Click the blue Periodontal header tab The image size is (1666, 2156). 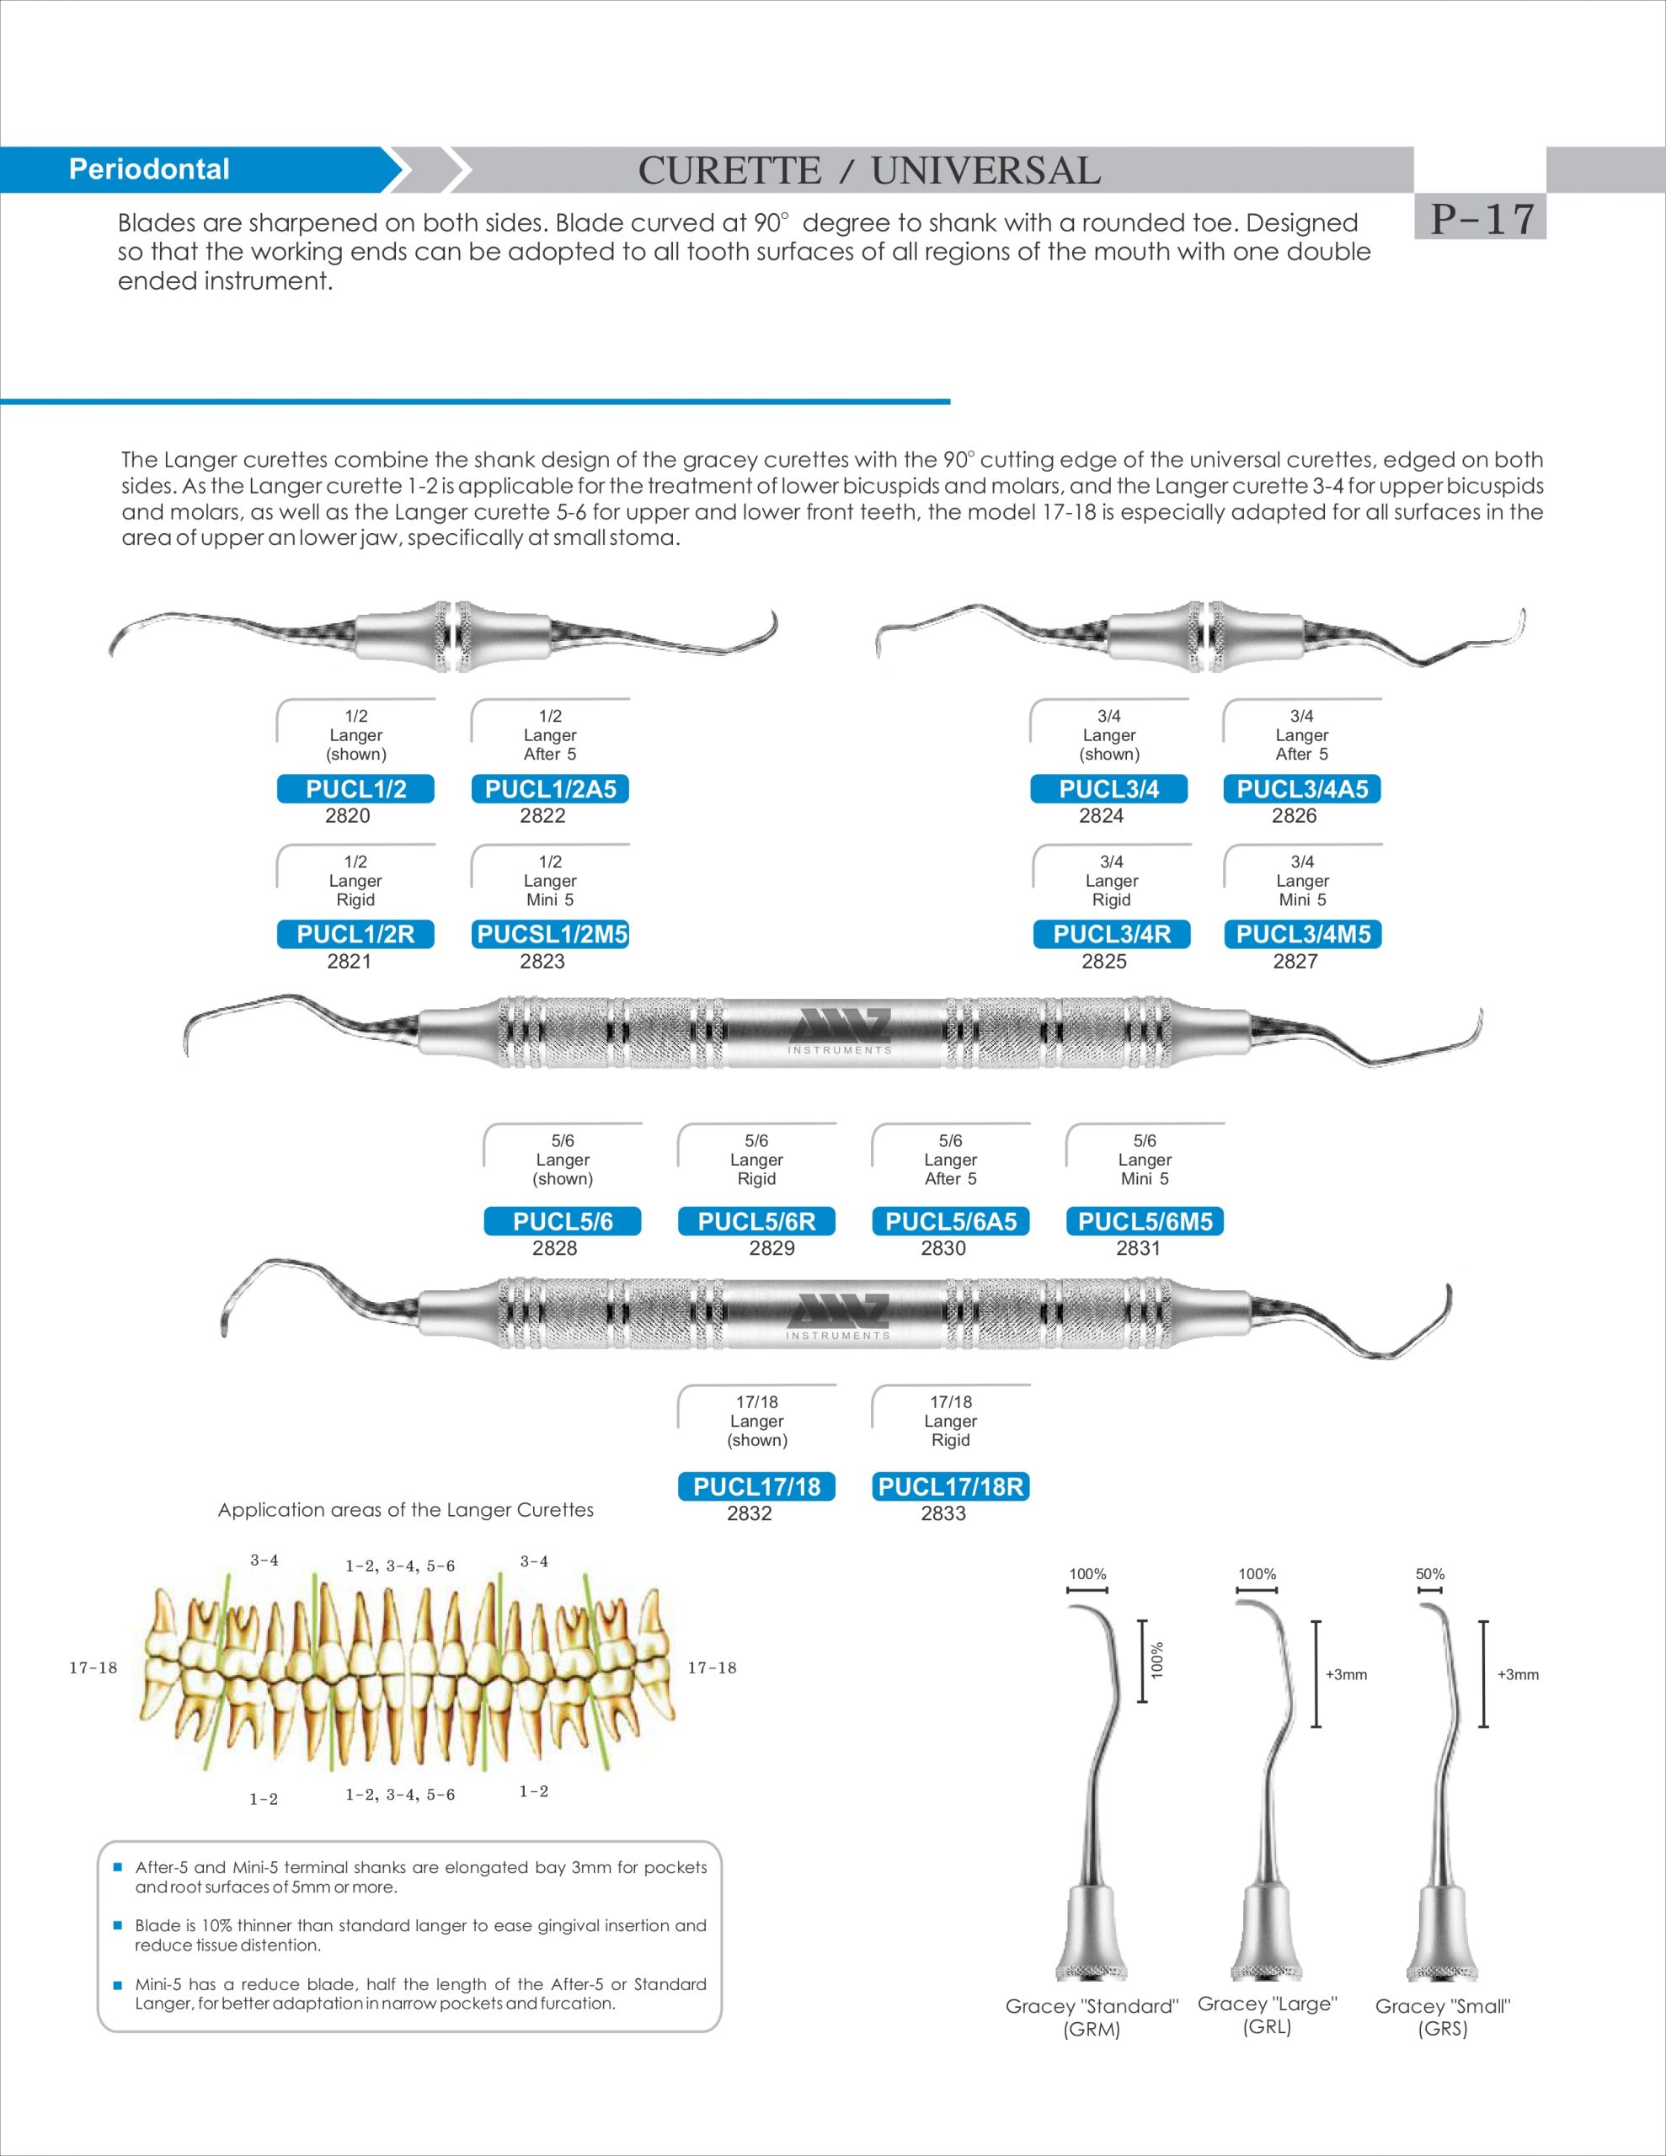(x=148, y=170)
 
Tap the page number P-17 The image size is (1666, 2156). (x=1482, y=218)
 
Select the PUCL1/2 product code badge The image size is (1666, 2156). (x=355, y=789)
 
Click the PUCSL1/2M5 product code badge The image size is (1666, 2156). (x=551, y=934)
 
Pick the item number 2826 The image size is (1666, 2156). (x=1294, y=815)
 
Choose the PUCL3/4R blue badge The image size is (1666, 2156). (x=1111, y=934)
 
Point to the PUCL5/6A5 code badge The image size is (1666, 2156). (x=950, y=1221)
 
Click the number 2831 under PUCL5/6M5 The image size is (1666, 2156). (x=1138, y=1248)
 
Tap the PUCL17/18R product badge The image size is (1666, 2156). (x=950, y=1486)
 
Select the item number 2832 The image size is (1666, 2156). (x=749, y=1513)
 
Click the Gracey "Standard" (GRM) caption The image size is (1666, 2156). (x=1092, y=2018)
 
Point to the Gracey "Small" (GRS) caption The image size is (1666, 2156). (x=1442, y=2018)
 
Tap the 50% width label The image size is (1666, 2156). (x=1429, y=1573)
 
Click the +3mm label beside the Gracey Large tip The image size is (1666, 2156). (x=1345, y=1674)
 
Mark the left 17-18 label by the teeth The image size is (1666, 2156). (x=93, y=1668)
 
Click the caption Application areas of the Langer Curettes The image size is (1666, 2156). (x=405, y=1510)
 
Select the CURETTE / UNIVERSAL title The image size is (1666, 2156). (x=869, y=171)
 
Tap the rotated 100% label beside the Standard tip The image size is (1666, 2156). (x=1157, y=1661)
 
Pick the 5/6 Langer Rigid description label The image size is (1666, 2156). (x=756, y=1159)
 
